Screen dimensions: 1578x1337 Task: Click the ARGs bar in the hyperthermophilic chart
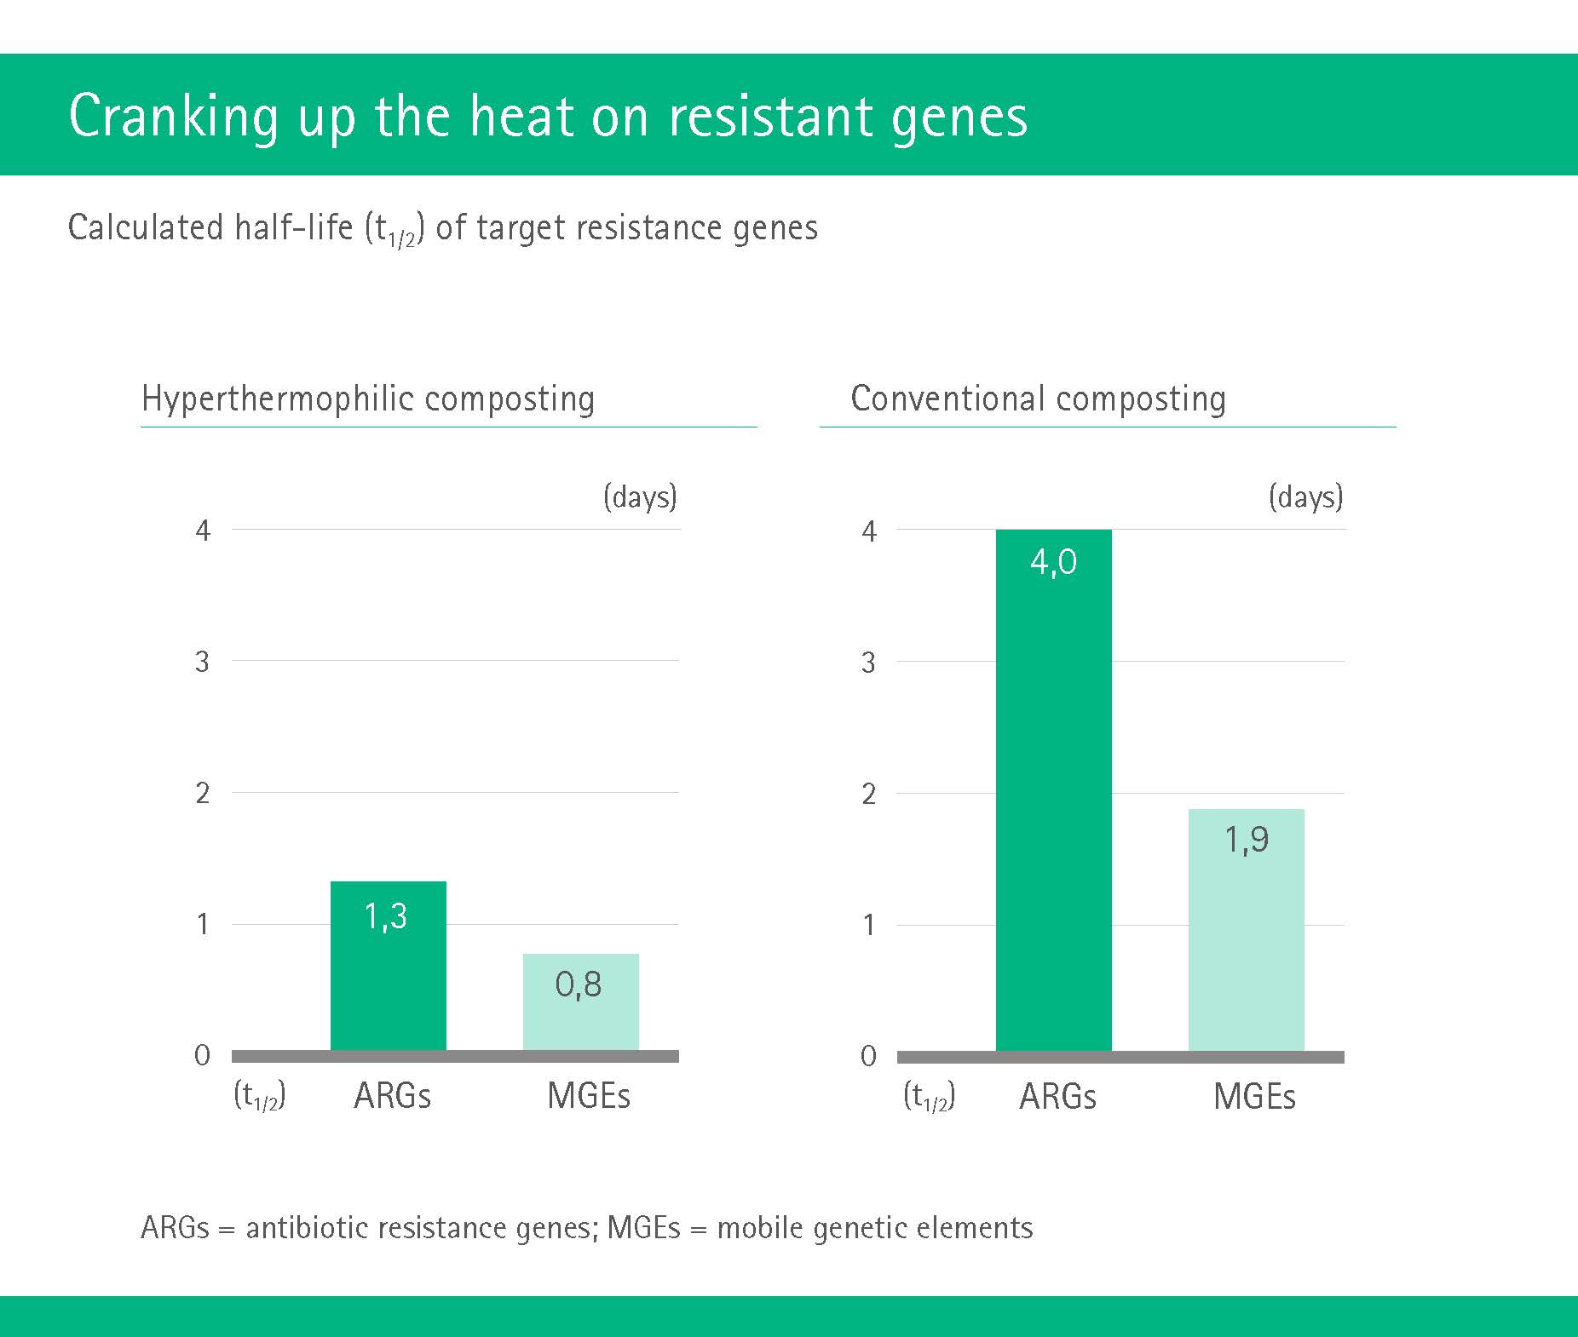coord(389,966)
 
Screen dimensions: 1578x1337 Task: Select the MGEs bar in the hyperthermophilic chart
coord(581,1002)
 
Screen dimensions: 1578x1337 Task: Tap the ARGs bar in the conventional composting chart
coord(1054,790)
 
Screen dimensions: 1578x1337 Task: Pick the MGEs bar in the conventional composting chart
coord(1247,930)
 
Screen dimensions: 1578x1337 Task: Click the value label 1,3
coord(386,916)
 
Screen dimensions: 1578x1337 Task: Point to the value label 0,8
coord(579,984)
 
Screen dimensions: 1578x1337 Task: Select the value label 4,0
coord(1054,562)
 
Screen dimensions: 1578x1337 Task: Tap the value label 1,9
coord(1247,840)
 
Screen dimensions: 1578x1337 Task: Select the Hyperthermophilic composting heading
coord(368,399)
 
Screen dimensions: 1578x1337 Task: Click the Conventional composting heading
coord(1039,399)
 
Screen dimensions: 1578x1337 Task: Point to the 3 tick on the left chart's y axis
coord(202,662)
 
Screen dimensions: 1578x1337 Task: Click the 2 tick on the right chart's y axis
coord(868,794)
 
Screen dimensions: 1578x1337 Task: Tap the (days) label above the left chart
coord(640,496)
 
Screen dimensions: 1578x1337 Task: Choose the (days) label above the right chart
coord(1305,496)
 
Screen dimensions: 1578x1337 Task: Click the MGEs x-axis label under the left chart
coord(589,1096)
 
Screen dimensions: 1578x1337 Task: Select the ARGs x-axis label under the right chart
coord(1057,1096)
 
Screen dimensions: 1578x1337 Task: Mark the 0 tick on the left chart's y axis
coord(202,1056)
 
